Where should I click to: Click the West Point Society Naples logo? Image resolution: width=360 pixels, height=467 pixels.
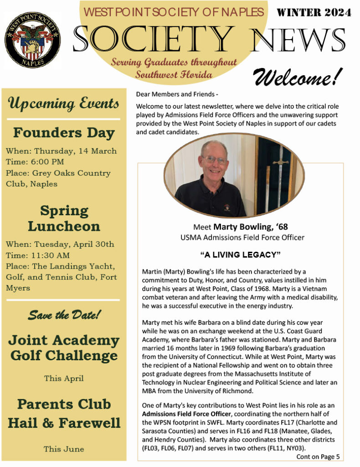[32, 40]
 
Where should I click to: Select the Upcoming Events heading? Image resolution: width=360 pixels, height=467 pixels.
[63, 104]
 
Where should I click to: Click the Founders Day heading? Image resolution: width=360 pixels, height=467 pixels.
[64, 133]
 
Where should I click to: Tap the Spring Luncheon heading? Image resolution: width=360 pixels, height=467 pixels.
[64, 218]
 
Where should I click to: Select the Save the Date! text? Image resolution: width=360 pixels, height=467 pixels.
[64, 314]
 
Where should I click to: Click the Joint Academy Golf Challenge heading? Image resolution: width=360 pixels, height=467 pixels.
[64, 348]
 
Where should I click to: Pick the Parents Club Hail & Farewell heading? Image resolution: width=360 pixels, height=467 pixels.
[64, 413]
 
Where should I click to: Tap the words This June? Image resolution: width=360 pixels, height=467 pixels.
[64, 449]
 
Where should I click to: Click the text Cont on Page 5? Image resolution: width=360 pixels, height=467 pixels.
[318, 456]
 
